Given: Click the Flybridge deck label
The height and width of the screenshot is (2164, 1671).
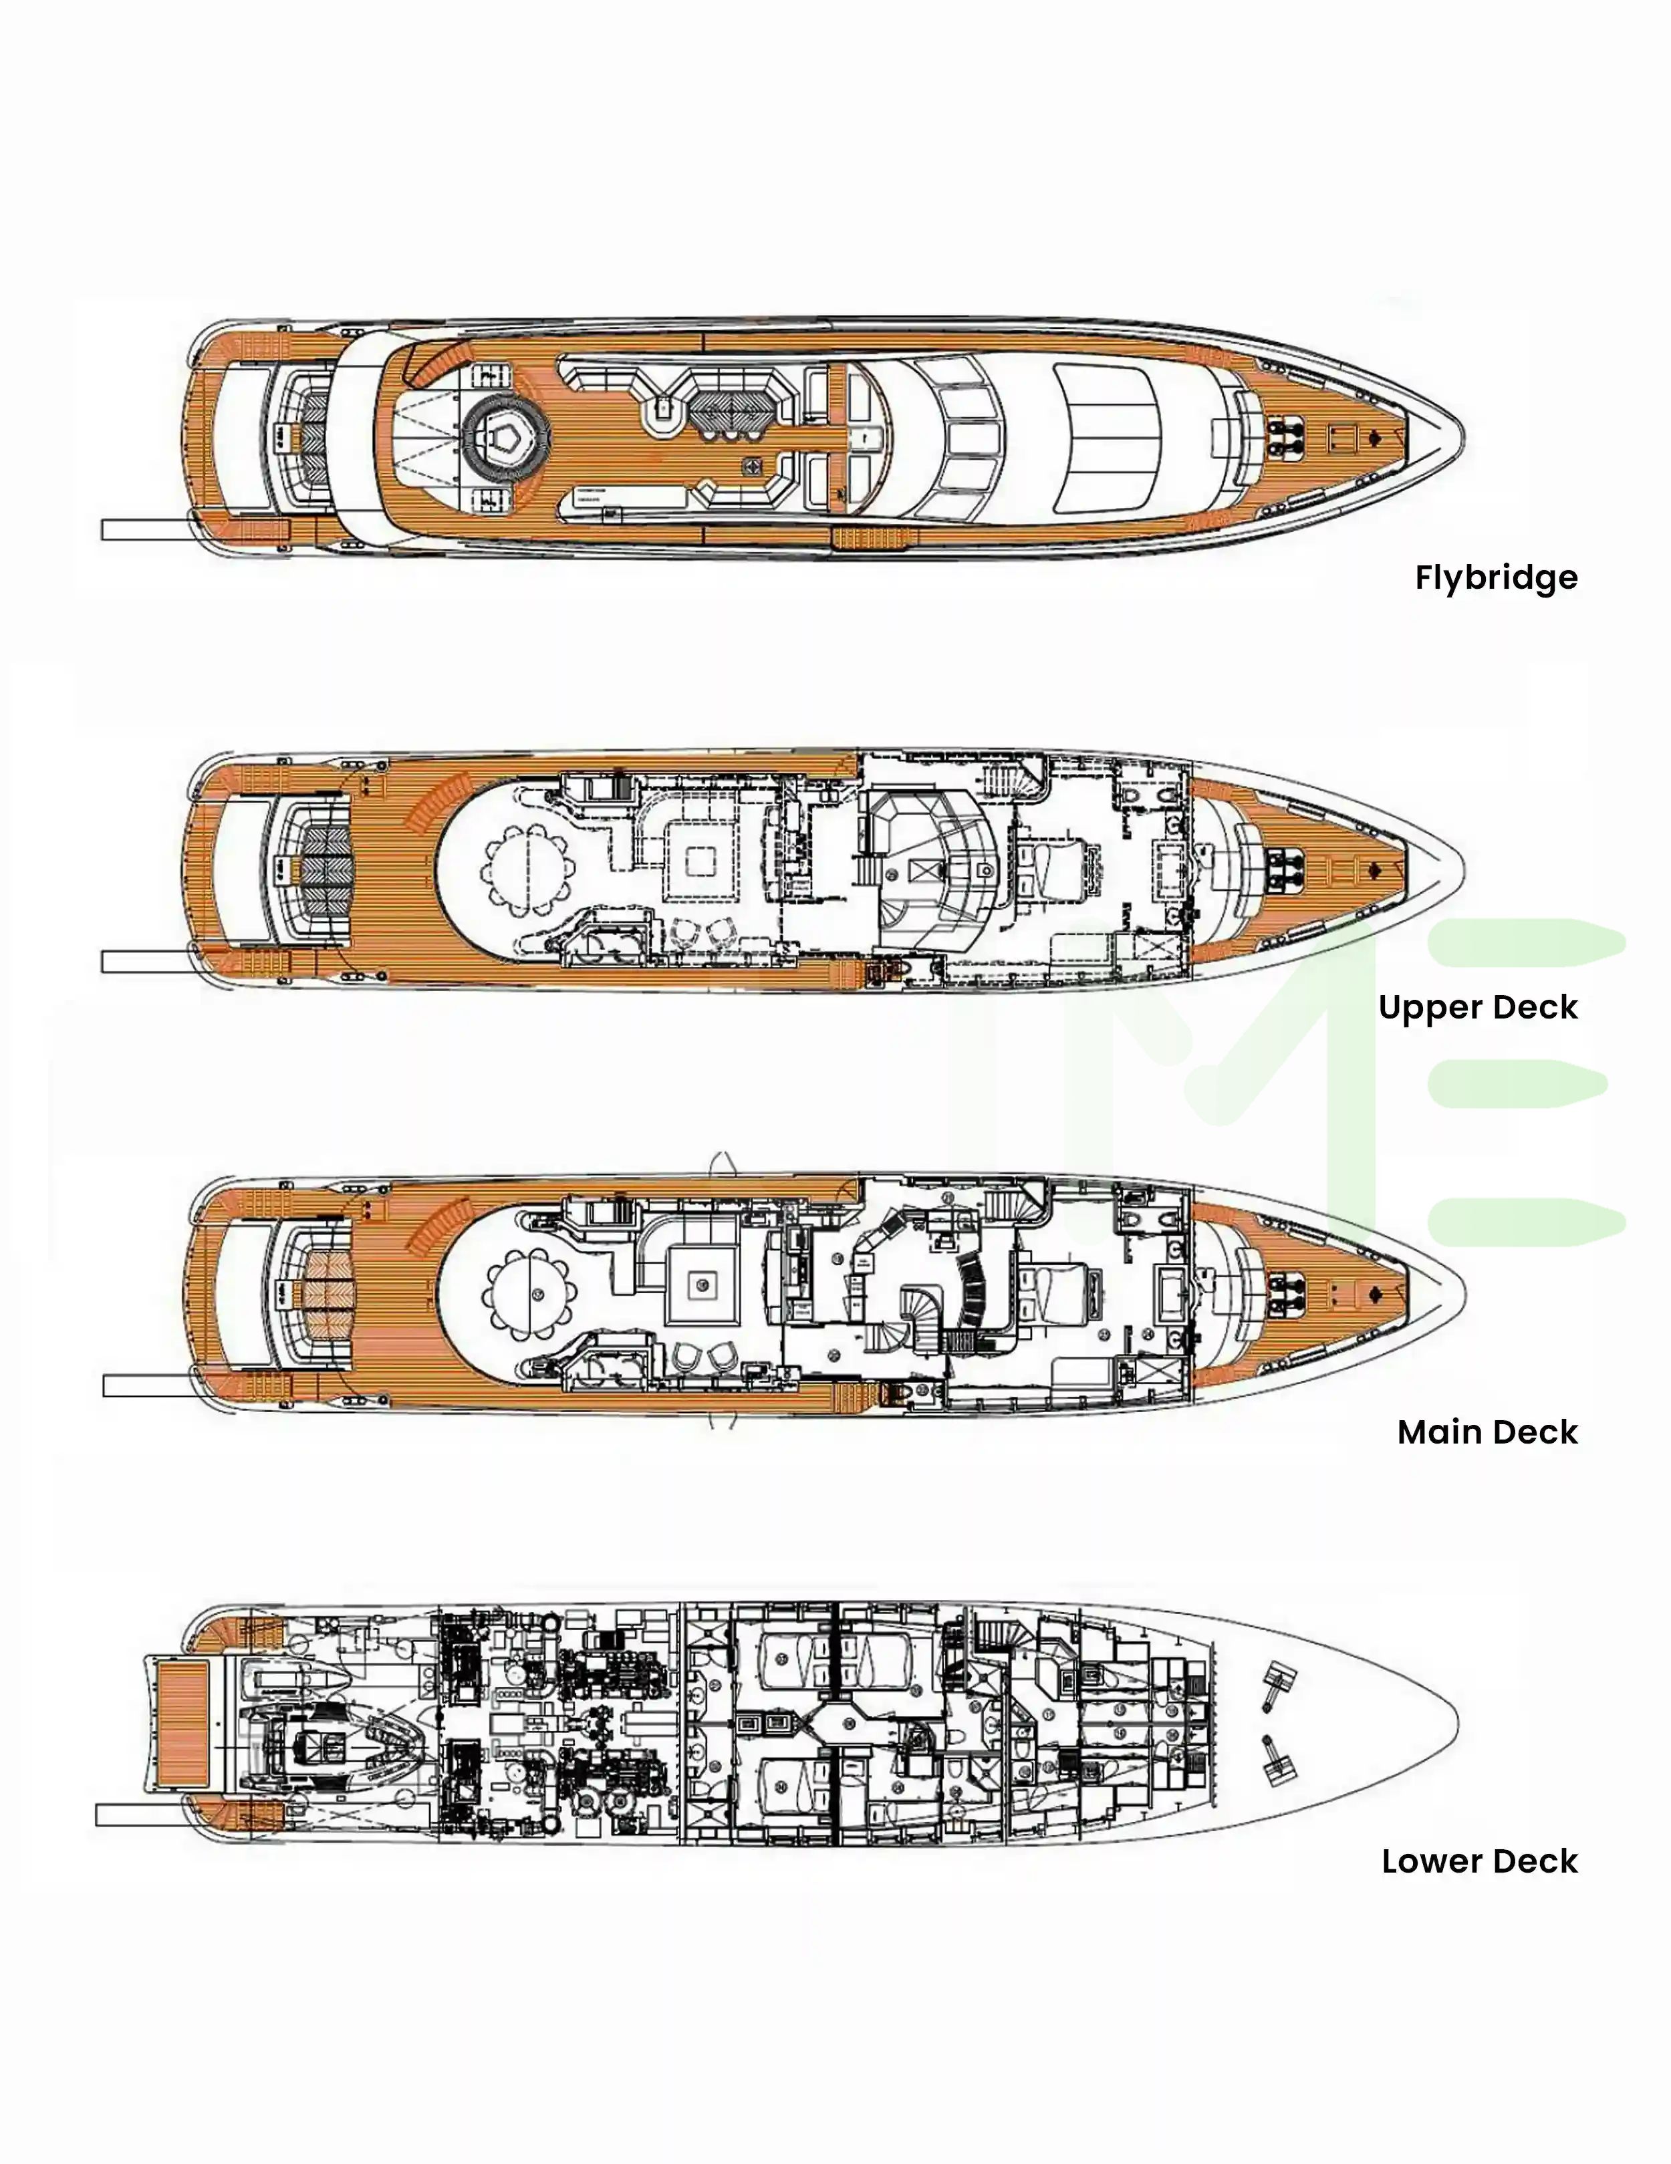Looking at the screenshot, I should click(1496, 577).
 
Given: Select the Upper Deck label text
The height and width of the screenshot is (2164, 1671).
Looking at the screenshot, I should click(1478, 1008).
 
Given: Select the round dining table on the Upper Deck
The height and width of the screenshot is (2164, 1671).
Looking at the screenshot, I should click(528, 869).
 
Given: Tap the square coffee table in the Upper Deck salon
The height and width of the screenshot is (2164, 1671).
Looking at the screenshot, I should click(700, 861).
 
